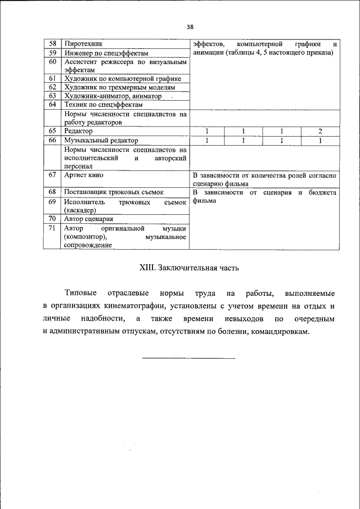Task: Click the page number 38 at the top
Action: [190, 27]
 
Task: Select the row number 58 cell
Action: [52, 44]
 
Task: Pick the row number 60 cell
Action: [52, 61]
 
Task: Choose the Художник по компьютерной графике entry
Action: [122, 79]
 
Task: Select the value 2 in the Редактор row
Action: [319, 131]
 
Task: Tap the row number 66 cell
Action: [52, 140]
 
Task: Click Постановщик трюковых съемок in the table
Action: [114, 192]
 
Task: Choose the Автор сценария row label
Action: [89, 219]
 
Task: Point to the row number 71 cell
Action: [52, 228]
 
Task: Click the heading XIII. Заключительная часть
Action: [189, 268]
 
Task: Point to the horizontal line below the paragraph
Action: [188, 357]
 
